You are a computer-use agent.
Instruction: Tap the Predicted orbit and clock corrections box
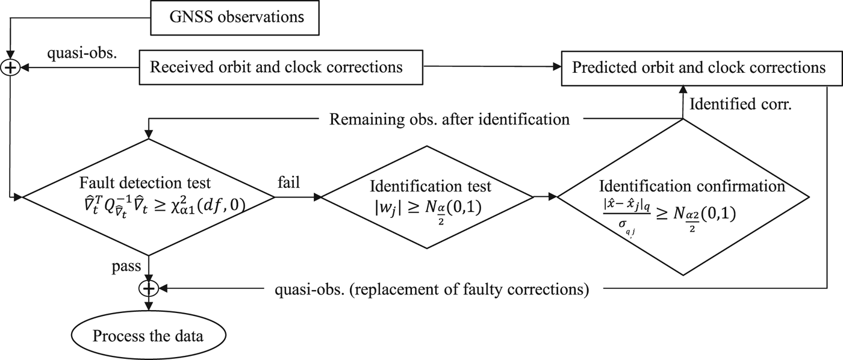click(699, 67)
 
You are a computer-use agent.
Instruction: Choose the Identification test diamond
click(428, 196)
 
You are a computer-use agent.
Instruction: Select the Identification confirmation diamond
click(682, 196)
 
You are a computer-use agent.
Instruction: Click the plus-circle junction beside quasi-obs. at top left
click(10, 67)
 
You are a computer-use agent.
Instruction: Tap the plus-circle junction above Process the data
click(148, 290)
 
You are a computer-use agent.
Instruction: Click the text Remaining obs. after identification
click(449, 119)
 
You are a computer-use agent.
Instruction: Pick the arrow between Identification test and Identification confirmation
click(546, 196)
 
